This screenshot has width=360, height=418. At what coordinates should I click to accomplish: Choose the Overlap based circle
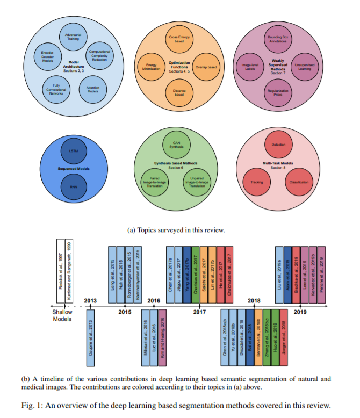(205, 66)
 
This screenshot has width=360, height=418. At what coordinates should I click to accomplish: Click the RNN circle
(74, 187)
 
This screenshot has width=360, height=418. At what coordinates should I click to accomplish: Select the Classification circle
(299, 183)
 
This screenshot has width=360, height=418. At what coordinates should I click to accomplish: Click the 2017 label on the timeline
(199, 312)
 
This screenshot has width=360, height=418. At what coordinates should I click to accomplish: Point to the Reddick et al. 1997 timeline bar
(60, 271)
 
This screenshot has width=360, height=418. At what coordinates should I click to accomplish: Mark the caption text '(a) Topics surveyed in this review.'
(176, 230)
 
